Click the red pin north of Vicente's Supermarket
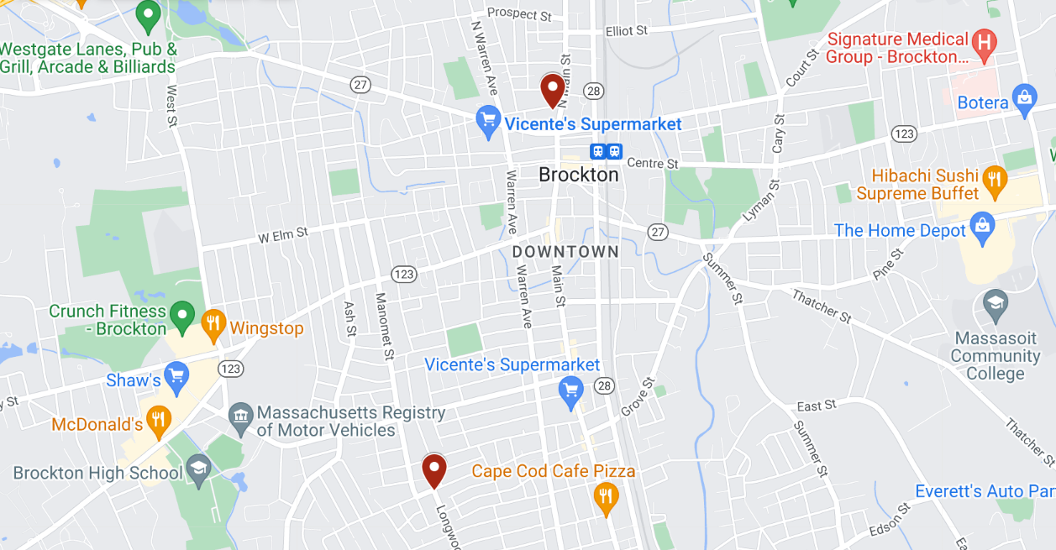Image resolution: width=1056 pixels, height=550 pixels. click(x=552, y=89)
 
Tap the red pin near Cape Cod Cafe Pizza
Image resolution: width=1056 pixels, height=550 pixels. click(x=433, y=469)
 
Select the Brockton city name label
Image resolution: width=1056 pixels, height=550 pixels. click(x=578, y=175)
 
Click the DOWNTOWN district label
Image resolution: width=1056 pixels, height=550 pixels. click(x=565, y=252)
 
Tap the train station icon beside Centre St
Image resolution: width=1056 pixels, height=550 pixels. click(x=607, y=152)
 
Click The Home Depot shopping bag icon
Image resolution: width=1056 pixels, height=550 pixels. click(x=981, y=225)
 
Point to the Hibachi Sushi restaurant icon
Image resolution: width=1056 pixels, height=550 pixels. click(x=995, y=178)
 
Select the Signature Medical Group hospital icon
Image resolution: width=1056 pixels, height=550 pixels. click(x=983, y=40)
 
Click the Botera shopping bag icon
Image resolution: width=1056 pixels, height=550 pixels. click(x=1023, y=97)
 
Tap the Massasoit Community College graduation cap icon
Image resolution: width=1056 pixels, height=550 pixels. click(x=996, y=304)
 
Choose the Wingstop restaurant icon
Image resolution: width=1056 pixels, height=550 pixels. click(x=213, y=323)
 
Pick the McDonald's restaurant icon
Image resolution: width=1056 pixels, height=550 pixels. click(x=157, y=419)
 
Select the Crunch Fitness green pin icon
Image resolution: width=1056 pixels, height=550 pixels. click(x=182, y=315)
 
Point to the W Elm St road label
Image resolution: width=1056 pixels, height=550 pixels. click(x=283, y=235)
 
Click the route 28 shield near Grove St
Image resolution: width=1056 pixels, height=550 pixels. click(x=603, y=385)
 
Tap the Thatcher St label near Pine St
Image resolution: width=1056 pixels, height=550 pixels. click(x=822, y=306)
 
